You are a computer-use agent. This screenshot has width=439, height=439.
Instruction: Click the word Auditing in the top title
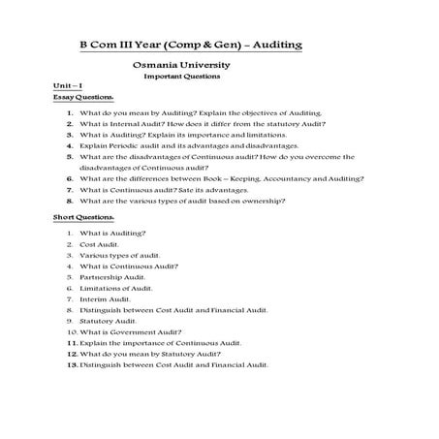(273, 46)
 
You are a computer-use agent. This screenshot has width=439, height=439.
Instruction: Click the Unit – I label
(68, 87)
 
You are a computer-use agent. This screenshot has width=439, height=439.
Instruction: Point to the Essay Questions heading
(82, 98)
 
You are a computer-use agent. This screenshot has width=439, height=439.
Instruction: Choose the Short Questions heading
(82, 217)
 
